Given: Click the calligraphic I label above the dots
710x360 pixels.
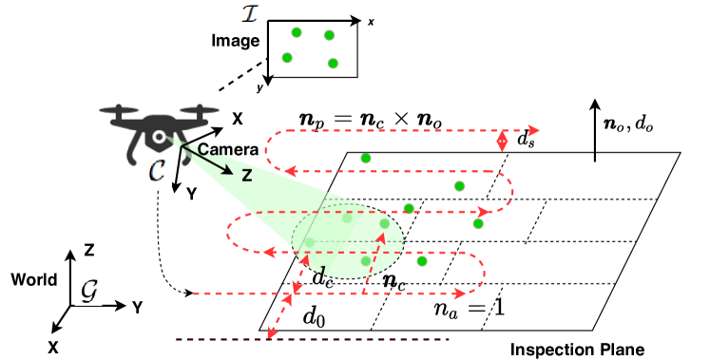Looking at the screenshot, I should pyautogui.click(x=247, y=13).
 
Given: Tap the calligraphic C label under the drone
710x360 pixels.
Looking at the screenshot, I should pyautogui.click(x=157, y=171).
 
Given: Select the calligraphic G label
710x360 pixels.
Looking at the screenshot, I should pyautogui.click(x=88, y=291).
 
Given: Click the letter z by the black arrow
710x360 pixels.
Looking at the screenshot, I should pyautogui.click(x=246, y=175).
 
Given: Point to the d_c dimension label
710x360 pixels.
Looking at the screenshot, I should pyautogui.click(x=323, y=277).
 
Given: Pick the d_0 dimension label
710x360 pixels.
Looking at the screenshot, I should pyautogui.click(x=314, y=317).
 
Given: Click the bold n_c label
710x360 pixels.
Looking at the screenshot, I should pyautogui.click(x=394, y=280).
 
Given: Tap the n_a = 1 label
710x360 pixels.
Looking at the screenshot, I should pyautogui.click(x=469, y=308).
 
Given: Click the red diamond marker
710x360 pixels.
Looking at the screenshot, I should pyautogui.click(x=502, y=141).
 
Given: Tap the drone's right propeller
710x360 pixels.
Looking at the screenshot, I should pyautogui.click(x=198, y=109).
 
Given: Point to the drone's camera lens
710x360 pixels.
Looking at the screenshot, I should pyautogui.click(x=160, y=139).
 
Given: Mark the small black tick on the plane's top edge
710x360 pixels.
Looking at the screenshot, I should pyautogui.click(x=595, y=156).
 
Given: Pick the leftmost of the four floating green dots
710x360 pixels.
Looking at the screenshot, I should pyautogui.click(x=287, y=57).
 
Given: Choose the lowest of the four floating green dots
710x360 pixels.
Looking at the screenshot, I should pyautogui.click(x=333, y=64).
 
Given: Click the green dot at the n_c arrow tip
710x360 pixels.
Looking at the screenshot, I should pyautogui.click(x=384, y=223).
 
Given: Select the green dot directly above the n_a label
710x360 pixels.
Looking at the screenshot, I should pyautogui.click(x=422, y=260).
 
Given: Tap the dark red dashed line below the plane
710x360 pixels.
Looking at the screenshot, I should pyautogui.click(x=314, y=339).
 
